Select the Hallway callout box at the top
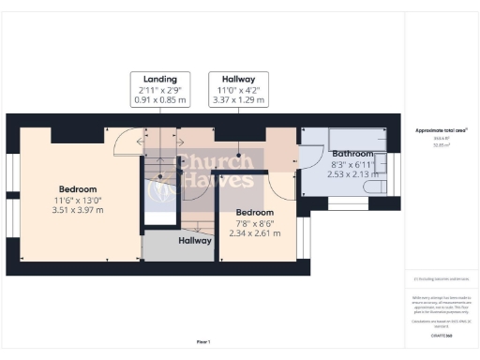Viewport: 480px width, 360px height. pyautogui.click(x=239, y=80)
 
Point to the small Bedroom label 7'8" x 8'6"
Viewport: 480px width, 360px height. pyautogui.click(x=254, y=212)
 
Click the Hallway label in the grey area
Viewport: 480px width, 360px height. pyautogui.click(x=195, y=240)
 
